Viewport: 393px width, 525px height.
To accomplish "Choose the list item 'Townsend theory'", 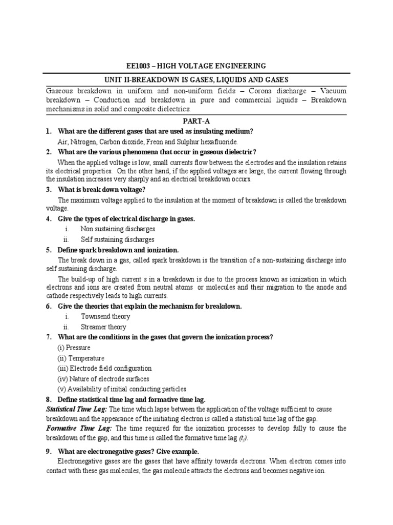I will [x=105, y=316].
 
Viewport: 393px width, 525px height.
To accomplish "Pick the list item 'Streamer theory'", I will [x=103, y=327].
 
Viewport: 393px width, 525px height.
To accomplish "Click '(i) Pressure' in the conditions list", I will [x=74, y=348].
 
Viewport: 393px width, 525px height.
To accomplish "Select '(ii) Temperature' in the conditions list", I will [x=80, y=358].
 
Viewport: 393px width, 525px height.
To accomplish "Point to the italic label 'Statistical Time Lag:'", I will [x=77, y=409].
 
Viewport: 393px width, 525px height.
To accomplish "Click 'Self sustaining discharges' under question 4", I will [x=117, y=239].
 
